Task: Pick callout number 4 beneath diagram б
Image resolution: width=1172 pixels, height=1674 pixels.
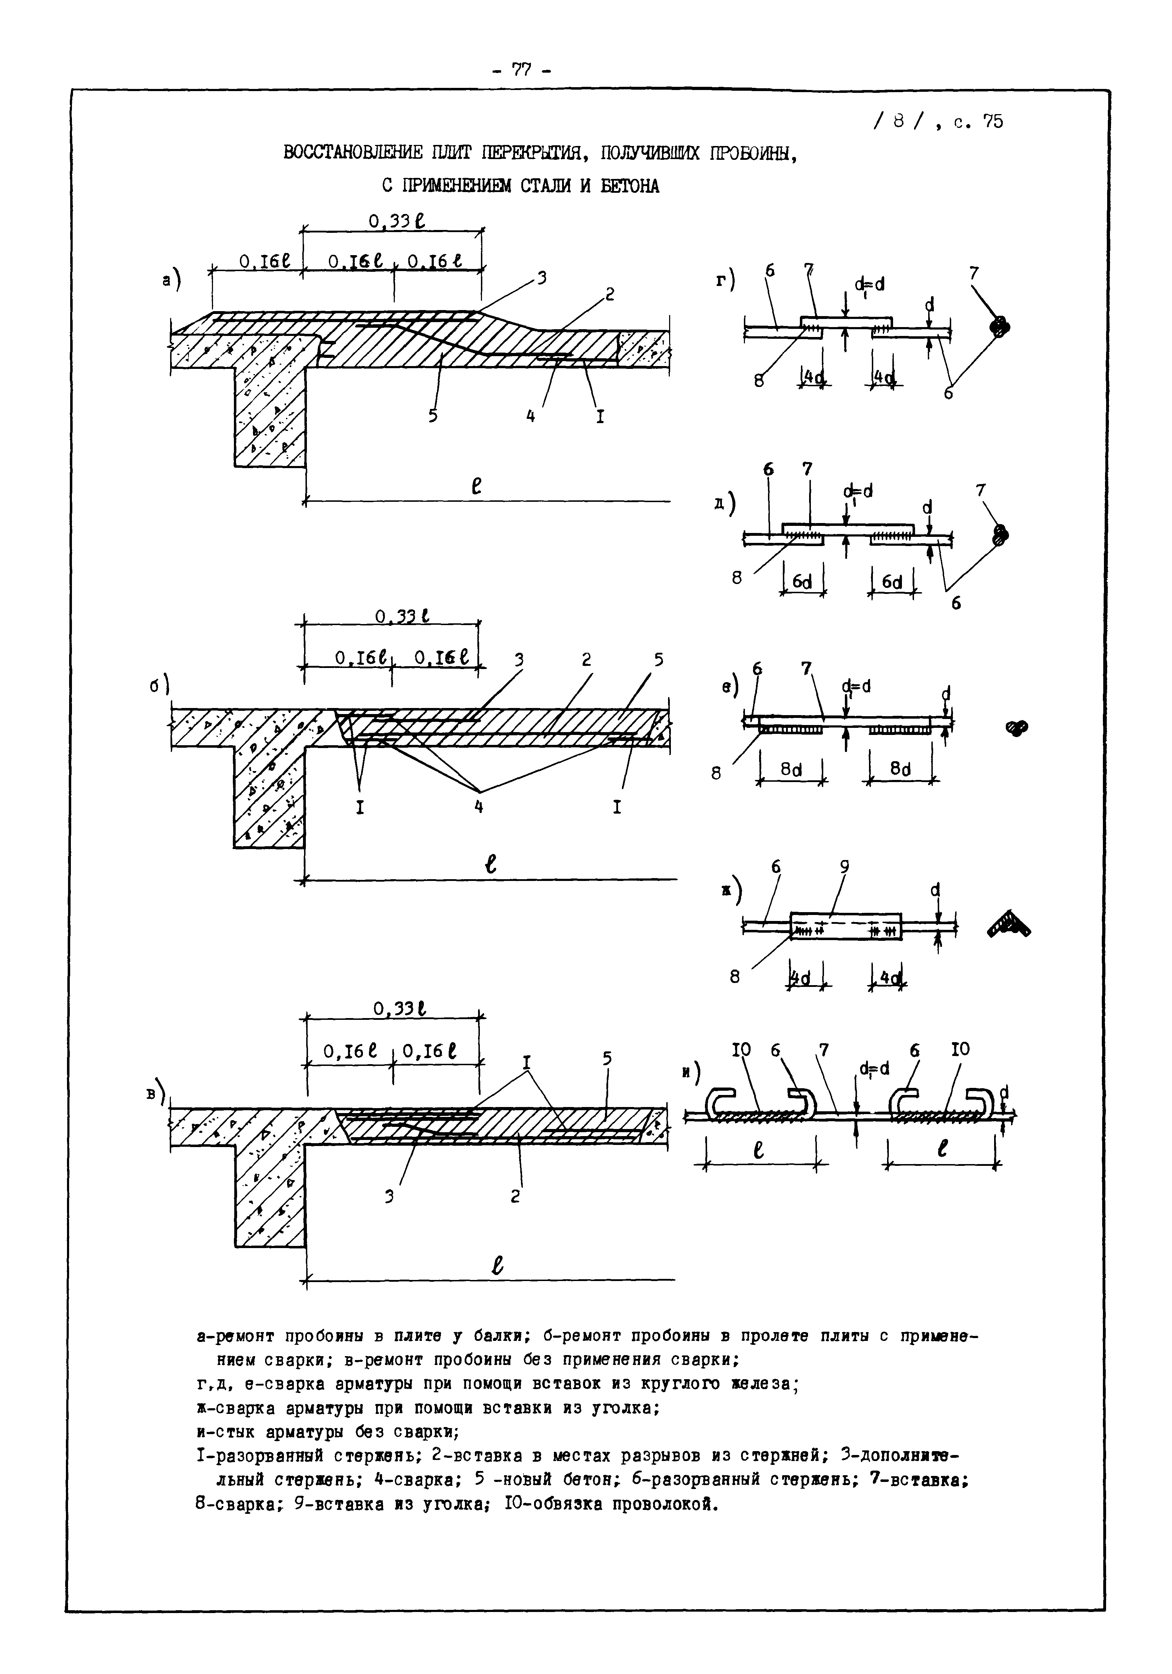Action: (478, 807)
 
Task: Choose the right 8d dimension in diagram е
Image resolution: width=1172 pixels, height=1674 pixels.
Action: (901, 769)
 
